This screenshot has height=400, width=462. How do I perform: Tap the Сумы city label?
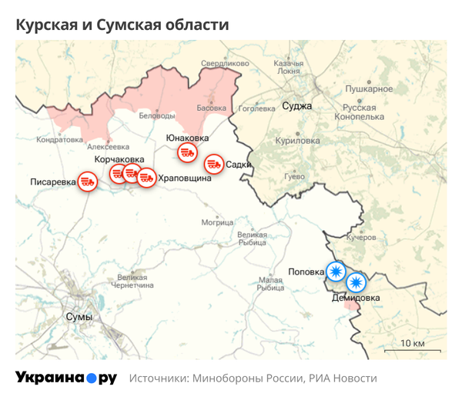click(x=79, y=317)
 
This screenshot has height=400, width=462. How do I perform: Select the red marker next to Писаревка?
click(x=89, y=183)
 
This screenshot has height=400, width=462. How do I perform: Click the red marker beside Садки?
click(x=213, y=164)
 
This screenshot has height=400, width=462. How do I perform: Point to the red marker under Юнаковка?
click(x=186, y=153)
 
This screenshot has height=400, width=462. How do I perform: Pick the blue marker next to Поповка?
click(x=336, y=272)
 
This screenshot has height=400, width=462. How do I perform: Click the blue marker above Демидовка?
click(x=356, y=283)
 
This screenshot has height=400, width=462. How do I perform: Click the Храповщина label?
click(x=184, y=178)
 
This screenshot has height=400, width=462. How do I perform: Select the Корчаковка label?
click(x=119, y=159)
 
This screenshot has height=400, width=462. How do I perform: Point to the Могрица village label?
click(x=217, y=222)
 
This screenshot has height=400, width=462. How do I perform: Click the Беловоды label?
click(x=156, y=115)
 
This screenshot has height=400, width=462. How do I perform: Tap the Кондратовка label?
click(x=59, y=140)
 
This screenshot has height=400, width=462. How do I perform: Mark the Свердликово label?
click(x=224, y=63)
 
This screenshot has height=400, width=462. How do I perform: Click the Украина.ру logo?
click(x=65, y=378)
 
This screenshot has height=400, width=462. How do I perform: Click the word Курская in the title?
click(x=49, y=25)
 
